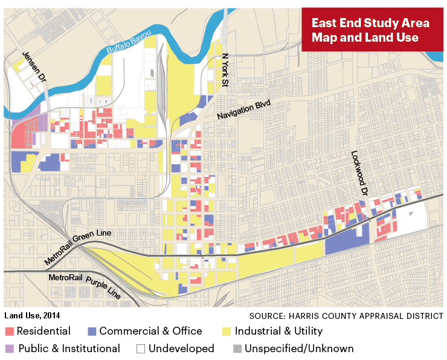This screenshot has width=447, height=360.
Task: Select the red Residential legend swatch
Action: (9, 332)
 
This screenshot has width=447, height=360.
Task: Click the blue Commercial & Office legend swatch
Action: (92, 332)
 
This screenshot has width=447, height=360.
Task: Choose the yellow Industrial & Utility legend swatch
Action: (227, 332)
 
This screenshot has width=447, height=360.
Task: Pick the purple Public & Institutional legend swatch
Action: (9, 349)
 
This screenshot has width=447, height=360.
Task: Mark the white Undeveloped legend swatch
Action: (141, 349)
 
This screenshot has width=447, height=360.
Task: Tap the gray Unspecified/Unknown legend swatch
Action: (237, 349)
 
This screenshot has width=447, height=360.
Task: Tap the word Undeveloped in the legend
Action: (181, 349)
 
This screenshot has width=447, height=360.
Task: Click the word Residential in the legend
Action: (43, 332)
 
